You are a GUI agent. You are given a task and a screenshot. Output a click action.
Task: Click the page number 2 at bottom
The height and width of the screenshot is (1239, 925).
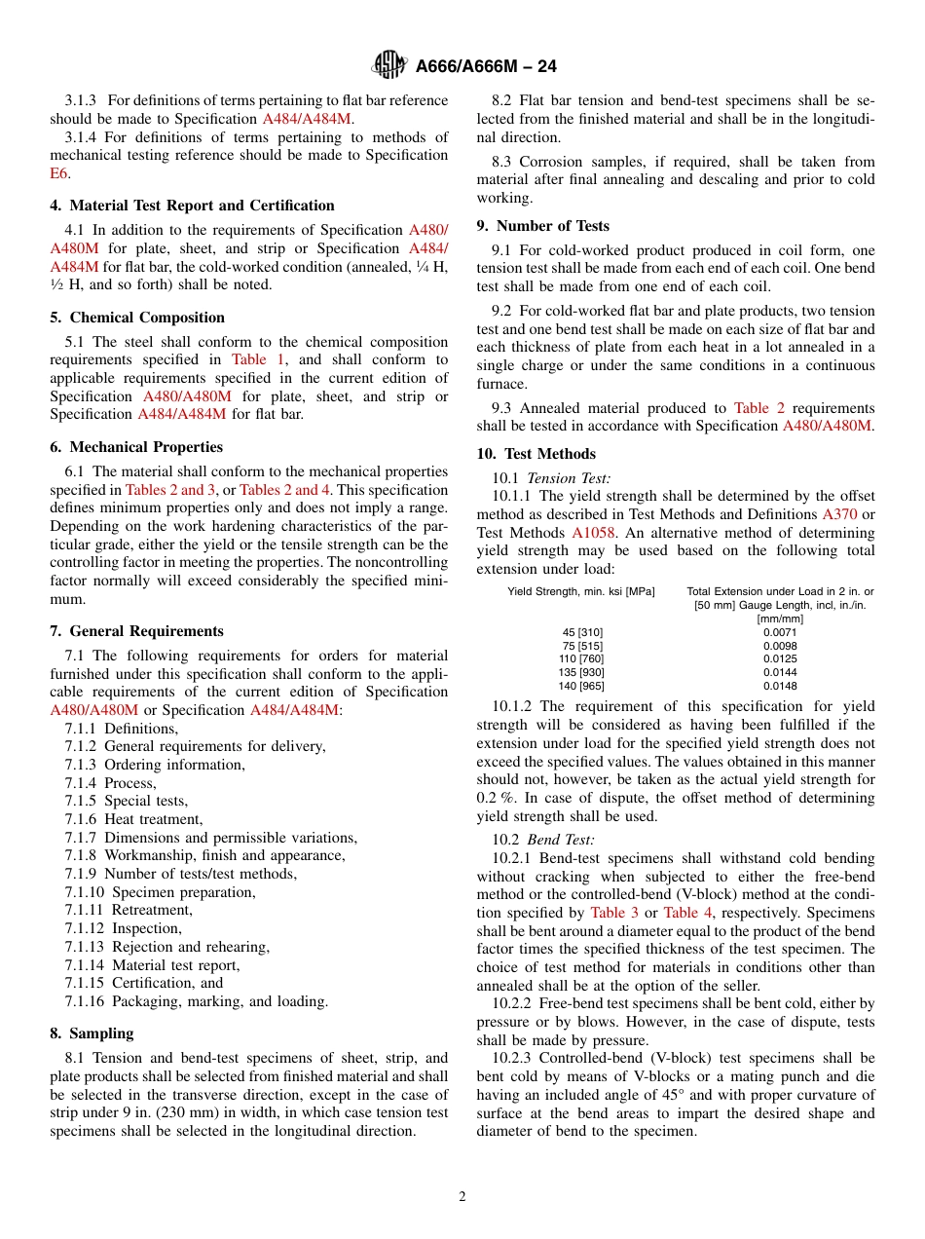(x=462, y=1197)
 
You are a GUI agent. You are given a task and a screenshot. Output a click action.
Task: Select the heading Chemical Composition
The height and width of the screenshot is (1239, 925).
(x=146, y=318)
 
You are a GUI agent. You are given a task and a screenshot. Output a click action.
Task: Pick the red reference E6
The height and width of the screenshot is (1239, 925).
(x=58, y=173)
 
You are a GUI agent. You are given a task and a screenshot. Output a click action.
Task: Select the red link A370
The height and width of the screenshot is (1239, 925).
(x=839, y=514)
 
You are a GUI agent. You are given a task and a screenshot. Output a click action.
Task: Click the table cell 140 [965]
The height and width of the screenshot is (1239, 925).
(x=581, y=686)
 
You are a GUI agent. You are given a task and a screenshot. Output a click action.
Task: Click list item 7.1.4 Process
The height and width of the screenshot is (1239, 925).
(x=110, y=783)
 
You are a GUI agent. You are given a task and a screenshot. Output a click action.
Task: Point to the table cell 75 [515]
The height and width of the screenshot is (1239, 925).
(x=581, y=646)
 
